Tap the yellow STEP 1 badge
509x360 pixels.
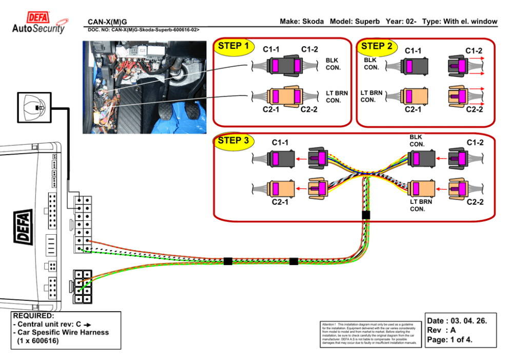233,47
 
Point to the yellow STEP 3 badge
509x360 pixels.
233,141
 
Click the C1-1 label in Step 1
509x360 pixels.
271,50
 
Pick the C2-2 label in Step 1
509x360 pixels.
309,109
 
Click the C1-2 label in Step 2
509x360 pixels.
474,50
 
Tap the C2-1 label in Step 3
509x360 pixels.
280,202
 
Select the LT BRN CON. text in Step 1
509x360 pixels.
337,97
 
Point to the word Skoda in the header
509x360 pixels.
312,22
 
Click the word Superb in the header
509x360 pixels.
367,22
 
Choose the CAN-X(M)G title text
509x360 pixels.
107,22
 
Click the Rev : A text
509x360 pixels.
442,331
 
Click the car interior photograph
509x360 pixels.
144,87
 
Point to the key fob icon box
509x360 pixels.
34,107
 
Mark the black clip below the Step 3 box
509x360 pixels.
366,215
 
